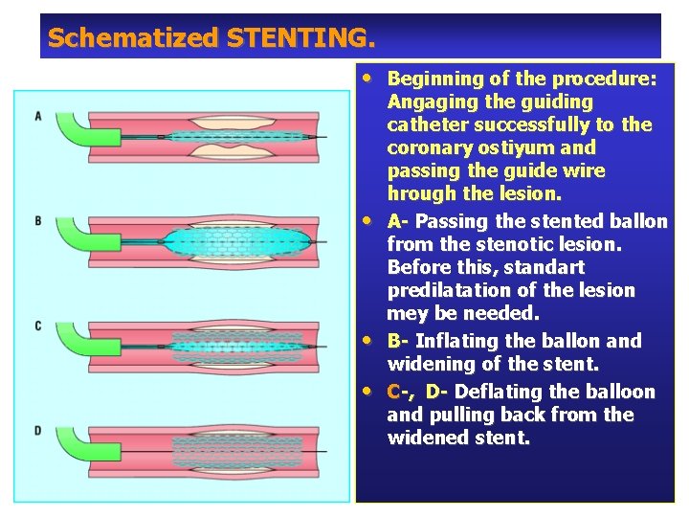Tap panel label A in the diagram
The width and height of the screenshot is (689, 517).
38,116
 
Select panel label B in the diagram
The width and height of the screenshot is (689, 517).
38,220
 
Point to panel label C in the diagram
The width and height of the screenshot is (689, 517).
38,326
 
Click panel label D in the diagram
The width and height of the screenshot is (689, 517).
38,431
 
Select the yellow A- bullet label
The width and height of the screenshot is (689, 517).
398,221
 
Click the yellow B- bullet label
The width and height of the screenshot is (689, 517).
398,341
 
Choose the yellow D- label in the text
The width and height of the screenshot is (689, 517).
438,392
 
